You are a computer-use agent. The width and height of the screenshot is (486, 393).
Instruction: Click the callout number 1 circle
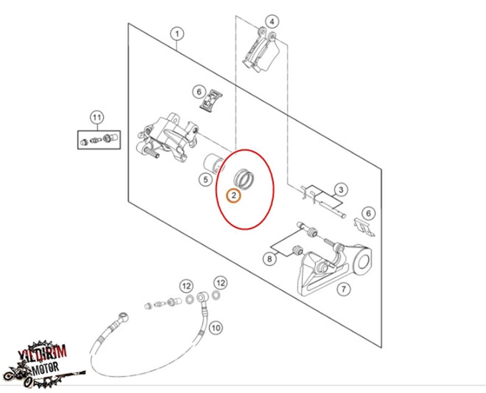177,34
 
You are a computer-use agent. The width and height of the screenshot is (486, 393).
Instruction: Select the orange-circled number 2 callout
233,195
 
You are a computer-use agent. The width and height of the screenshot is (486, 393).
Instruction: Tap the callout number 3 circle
341,190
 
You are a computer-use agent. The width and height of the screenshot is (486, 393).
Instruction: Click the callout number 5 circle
205,180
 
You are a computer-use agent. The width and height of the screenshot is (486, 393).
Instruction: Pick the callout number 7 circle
344,288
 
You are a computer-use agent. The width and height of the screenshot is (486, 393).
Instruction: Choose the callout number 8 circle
269,259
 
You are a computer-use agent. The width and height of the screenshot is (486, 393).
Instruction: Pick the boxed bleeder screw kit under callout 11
99,140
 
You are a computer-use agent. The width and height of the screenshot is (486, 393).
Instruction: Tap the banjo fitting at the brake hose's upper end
202,298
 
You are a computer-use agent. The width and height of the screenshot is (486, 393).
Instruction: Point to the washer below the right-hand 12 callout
216,296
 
